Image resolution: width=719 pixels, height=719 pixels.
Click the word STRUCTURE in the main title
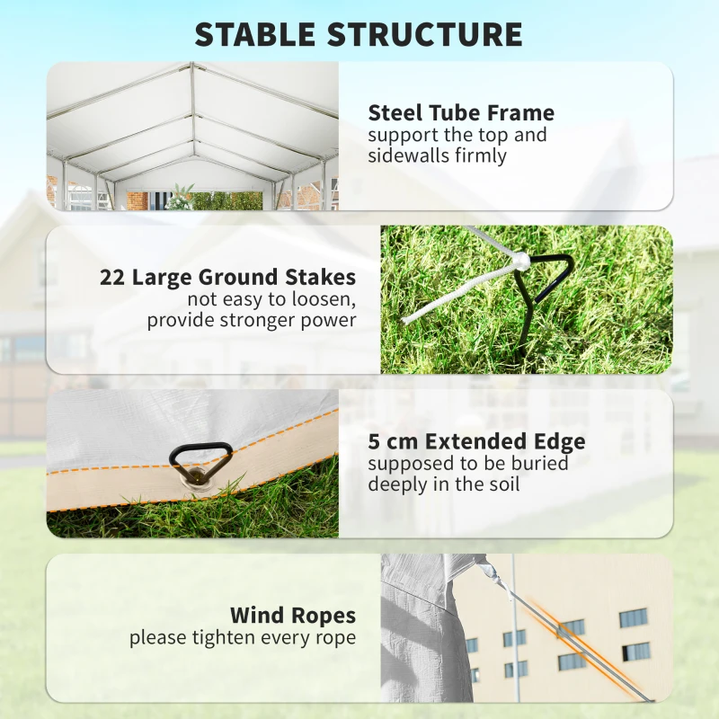425,34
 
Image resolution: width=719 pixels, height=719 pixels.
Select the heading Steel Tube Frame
461,113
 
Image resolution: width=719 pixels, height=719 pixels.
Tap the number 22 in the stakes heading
112,277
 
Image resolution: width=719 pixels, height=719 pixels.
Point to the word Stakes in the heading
321,277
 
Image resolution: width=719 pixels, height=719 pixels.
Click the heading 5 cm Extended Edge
476,441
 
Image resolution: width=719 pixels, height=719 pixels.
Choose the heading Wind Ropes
293,616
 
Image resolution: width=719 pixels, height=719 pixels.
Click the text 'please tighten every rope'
243,638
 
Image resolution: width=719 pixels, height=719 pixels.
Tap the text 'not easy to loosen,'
271,299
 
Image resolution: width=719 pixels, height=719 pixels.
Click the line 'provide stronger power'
252,321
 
